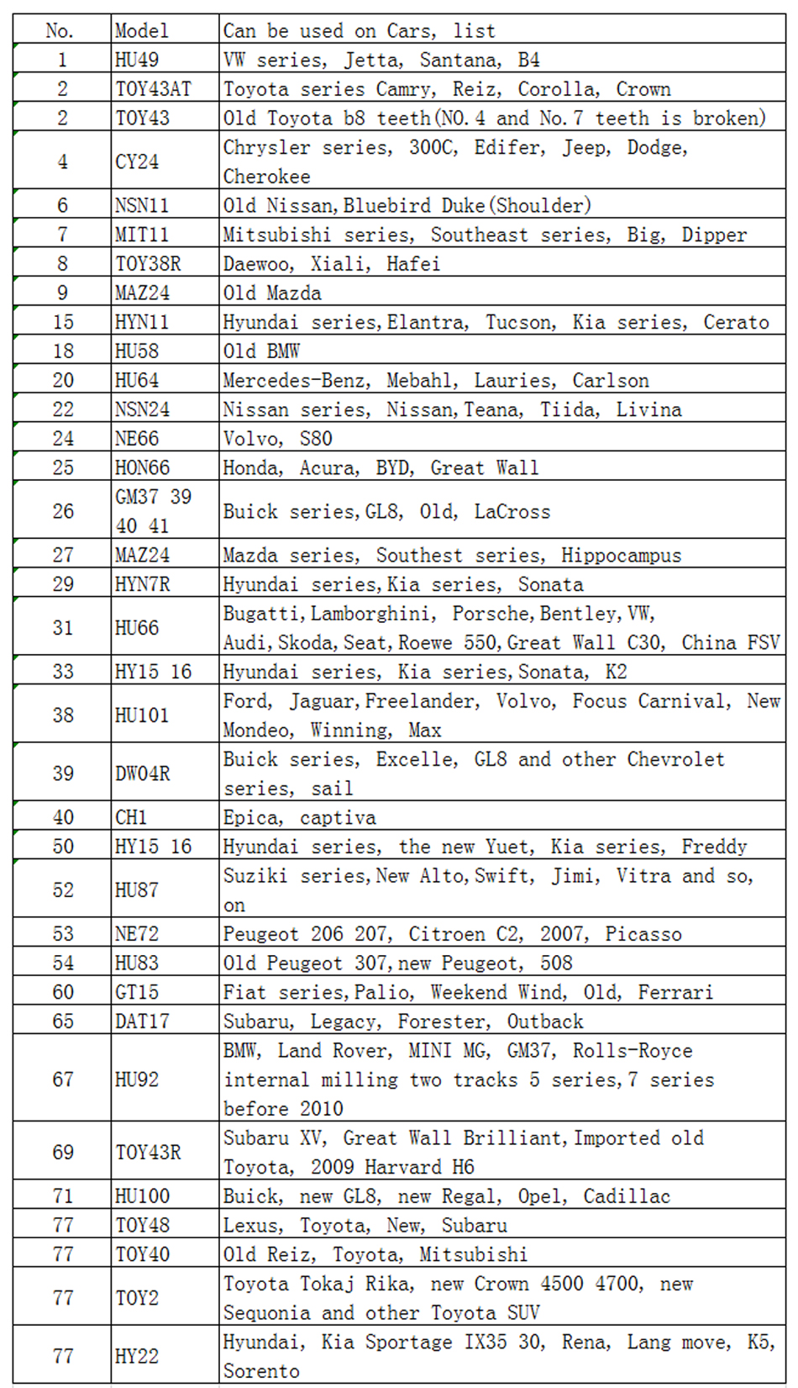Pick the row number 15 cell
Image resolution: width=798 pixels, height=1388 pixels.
(x=63, y=322)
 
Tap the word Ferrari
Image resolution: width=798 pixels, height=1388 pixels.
(x=675, y=993)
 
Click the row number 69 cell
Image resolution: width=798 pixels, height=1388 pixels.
(x=63, y=1153)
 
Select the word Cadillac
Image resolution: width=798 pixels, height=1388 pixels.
(x=627, y=1196)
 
